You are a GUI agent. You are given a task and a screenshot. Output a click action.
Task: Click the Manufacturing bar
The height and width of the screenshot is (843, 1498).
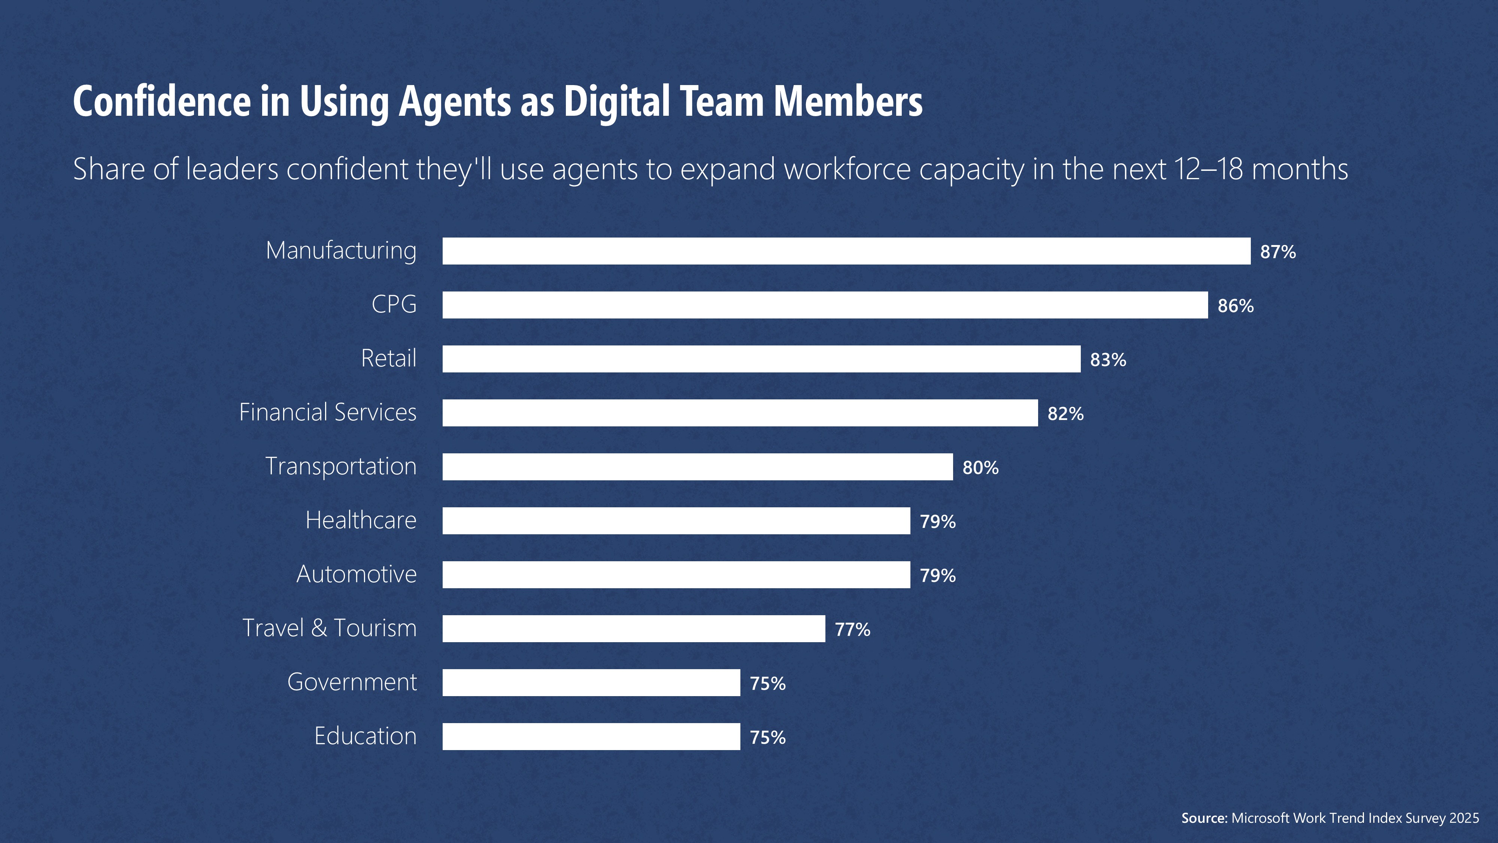pyautogui.click(x=846, y=251)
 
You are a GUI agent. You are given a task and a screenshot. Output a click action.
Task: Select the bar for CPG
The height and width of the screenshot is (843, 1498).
pyautogui.click(x=825, y=305)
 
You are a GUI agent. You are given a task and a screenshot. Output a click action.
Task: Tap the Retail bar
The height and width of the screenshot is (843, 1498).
pyautogui.click(x=761, y=359)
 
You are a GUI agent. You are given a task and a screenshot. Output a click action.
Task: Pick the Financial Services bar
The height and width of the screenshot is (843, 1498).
pyautogui.click(x=740, y=413)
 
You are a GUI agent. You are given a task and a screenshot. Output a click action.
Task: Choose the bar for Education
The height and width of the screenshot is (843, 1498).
pyautogui.click(x=591, y=737)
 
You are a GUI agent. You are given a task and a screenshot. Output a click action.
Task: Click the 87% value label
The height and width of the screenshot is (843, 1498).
pyautogui.click(x=1277, y=252)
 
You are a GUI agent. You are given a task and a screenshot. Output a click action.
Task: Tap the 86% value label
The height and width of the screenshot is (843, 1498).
pyautogui.click(x=1235, y=306)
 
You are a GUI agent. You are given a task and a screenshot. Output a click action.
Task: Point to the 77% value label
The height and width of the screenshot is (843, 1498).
pyautogui.click(x=852, y=629)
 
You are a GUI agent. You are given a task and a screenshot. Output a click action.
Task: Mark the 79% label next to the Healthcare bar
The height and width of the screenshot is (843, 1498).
pyautogui.click(x=937, y=522)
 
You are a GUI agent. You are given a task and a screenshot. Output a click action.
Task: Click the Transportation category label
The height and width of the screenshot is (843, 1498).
pyautogui.click(x=341, y=466)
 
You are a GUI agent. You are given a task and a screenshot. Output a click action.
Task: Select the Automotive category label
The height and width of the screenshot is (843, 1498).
pyautogui.click(x=357, y=574)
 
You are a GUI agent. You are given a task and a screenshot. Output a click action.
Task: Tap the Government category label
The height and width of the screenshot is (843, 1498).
pyautogui.click(x=352, y=682)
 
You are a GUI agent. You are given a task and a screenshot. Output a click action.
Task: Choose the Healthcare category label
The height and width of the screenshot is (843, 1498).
pyautogui.click(x=361, y=520)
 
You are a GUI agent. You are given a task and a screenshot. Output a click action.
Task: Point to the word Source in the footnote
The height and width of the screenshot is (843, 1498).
pyautogui.click(x=1204, y=818)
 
